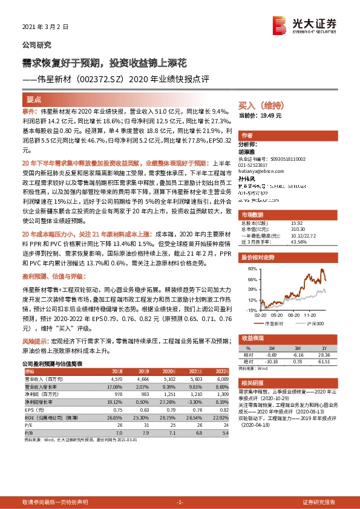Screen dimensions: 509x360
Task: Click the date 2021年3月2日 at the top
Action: (x=45, y=27)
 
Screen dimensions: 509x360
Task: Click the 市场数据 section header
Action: (x=252, y=215)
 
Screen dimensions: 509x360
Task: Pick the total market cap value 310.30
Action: (x=298, y=229)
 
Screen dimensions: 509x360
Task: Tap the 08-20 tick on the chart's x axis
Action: (x=296, y=316)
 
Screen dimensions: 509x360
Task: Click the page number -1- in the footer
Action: (x=179, y=502)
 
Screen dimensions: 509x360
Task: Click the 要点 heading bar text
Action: (x=34, y=99)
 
